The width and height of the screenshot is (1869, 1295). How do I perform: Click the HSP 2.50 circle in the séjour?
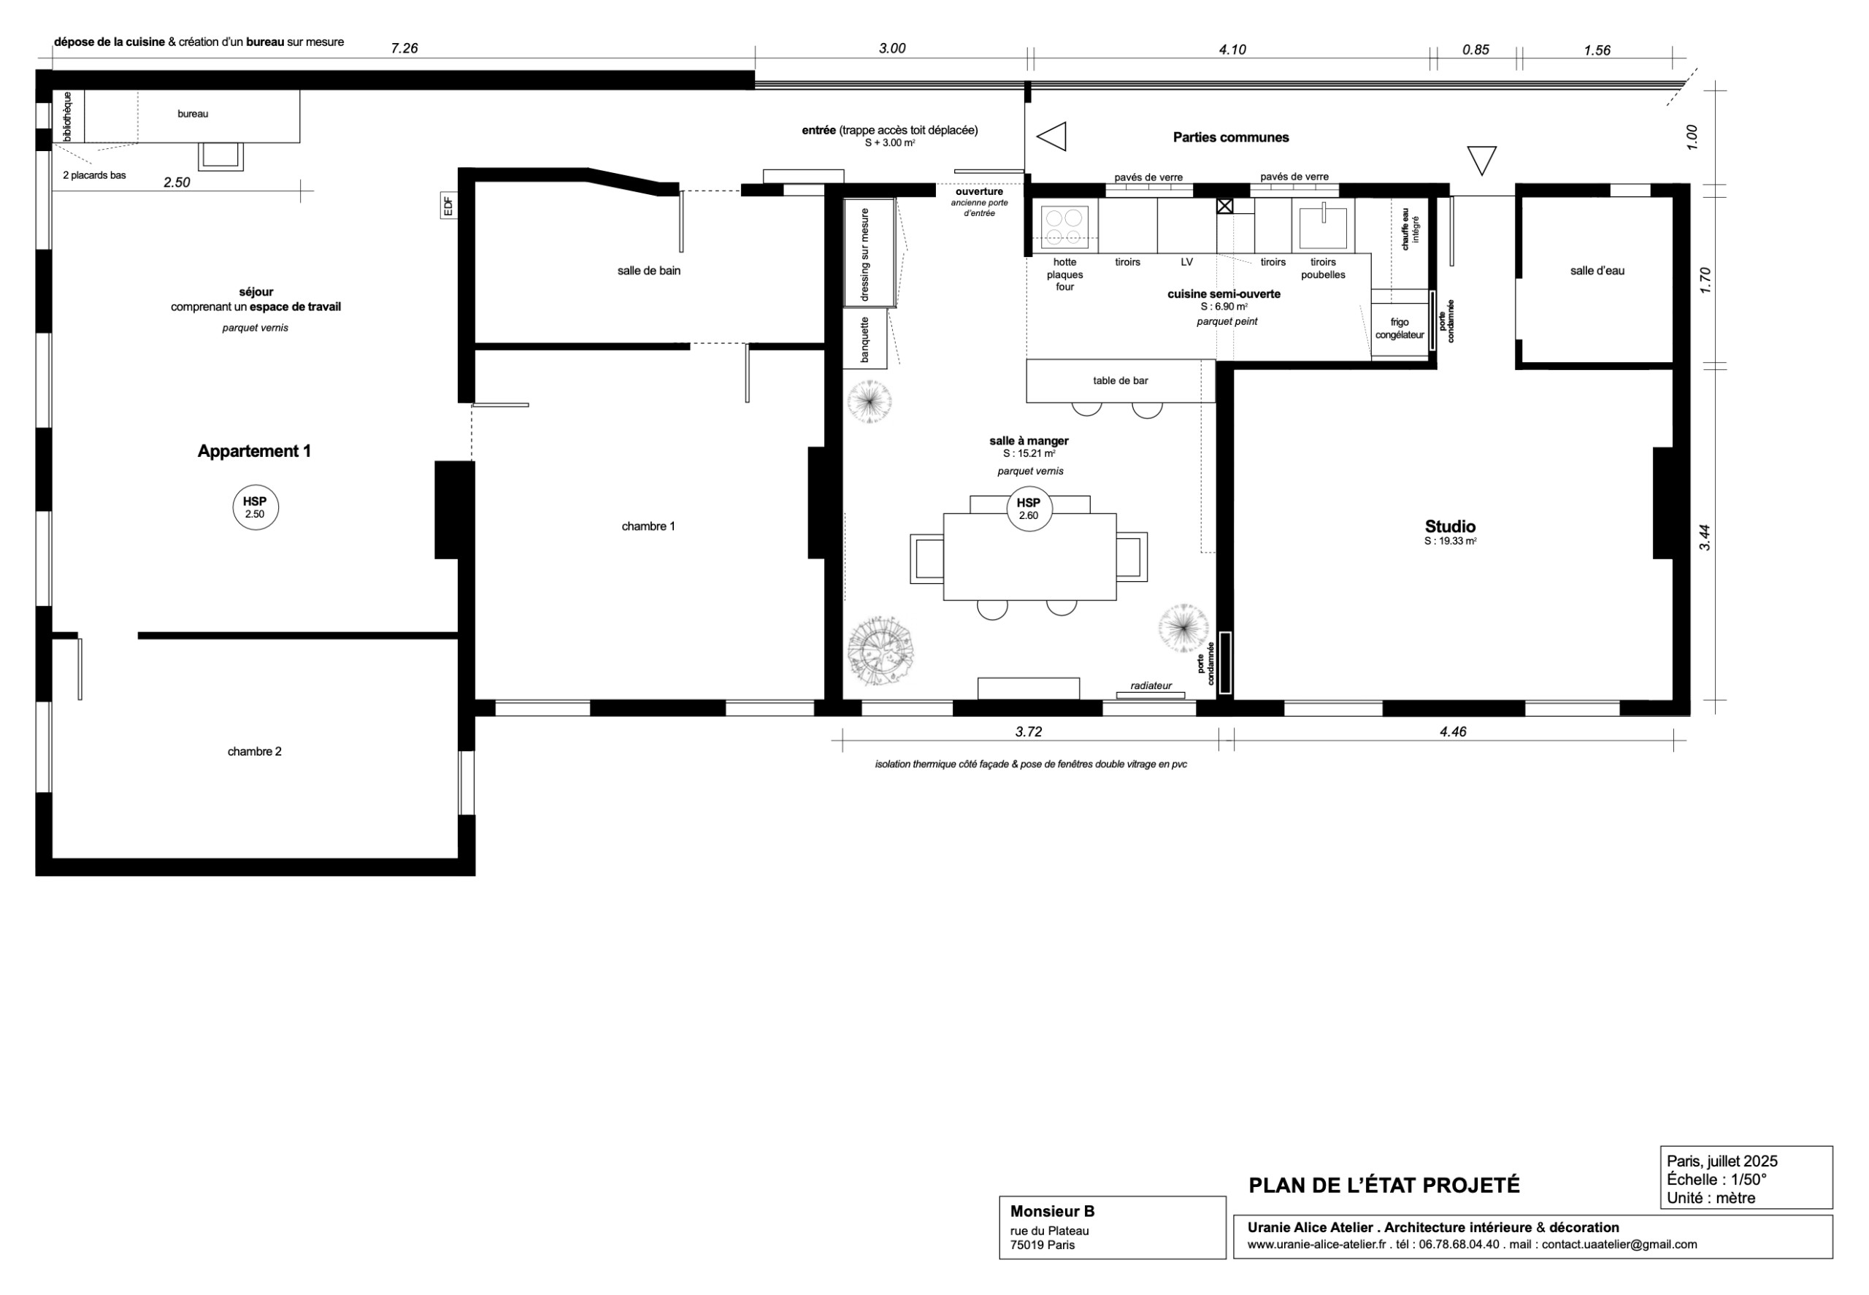pyautogui.click(x=255, y=507)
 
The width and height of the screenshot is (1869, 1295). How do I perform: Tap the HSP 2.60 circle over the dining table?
pyautogui.click(x=1028, y=509)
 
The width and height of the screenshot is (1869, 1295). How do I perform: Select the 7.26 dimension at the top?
pyautogui.click(x=404, y=48)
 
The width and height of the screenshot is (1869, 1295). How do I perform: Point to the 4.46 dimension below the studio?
pyautogui.click(x=1453, y=732)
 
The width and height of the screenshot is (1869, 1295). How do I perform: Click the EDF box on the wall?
pyautogui.click(x=447, y=205)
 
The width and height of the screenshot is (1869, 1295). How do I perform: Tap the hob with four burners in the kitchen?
pyautogui.click(x=1063, y=227)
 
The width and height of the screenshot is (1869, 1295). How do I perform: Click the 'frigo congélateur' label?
pyautogui.click(x=1399, y=328)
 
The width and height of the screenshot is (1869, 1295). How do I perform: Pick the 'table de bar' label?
pyautogui.click(x=1120, y=380)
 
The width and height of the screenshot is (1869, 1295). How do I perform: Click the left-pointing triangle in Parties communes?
pyautogui.click(x=1053, y=137)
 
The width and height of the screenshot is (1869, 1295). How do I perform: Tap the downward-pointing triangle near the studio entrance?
pyautogui.click(x=1481, y=158)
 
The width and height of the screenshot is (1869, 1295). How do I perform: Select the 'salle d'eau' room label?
pyautogui.click(x=1597, y=271)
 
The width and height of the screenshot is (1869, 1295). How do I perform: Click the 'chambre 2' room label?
pyautogui.click(x=254, y=751)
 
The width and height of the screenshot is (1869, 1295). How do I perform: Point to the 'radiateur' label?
pyautogui.click(x=1151, y=685)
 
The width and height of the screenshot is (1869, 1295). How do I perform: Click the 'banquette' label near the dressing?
pyautogui.click(x=864, y=339)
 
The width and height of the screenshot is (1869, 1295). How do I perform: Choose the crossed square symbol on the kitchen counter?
pyautogui.click(x=1224, y=206)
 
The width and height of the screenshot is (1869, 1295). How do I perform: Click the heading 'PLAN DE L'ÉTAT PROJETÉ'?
pyautogui.click(x=1383, y=1186)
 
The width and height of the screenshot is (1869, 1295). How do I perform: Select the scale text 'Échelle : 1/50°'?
pyautogui.click(x=1716, y=1180)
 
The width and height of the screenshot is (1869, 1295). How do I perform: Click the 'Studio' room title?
pyautogui.click(x=1449, y=526)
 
